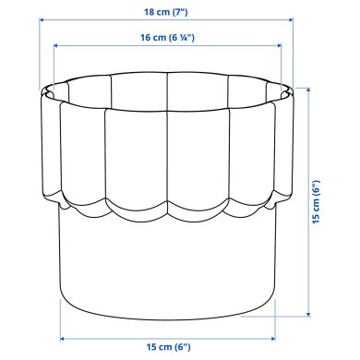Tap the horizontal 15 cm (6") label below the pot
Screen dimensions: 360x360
[x=170, y=347]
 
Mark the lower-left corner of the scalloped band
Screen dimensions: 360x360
[x=51, y=198]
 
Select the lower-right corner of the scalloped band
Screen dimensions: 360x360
[x=288, y=198]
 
